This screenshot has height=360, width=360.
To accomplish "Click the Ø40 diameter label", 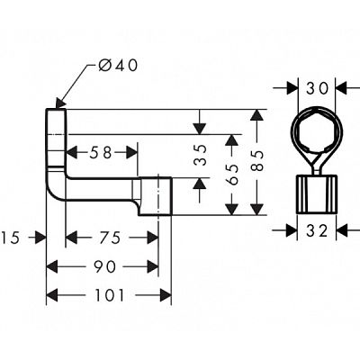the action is [118, 66].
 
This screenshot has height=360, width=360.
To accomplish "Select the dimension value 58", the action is [101, 153].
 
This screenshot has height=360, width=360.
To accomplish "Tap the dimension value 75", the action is [110, 238].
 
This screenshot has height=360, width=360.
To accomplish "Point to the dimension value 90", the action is [104, 266].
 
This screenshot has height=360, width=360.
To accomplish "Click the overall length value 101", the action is [109, 295].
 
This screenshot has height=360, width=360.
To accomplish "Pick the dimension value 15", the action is [10, 238].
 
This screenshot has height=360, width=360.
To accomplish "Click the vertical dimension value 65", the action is [232, 175].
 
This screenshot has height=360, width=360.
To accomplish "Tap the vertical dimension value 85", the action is [257, 160].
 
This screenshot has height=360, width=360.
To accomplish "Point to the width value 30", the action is [318, 88].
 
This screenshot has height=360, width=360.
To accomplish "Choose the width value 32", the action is [317, 231].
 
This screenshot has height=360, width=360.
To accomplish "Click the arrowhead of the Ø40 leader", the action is [60, 103].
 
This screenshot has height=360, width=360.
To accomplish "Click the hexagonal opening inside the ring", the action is [317, 131].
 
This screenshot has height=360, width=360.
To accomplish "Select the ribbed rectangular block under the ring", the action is [317, 194].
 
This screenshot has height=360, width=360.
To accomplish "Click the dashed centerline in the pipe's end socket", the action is [157, 195].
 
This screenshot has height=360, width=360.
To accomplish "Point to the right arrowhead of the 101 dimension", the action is [166, 295].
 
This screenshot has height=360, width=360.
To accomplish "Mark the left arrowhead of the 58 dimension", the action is [71, 153].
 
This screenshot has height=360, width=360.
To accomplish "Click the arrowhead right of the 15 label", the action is [40, 238].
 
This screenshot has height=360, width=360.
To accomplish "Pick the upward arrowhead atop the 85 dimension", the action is [256, 115].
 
